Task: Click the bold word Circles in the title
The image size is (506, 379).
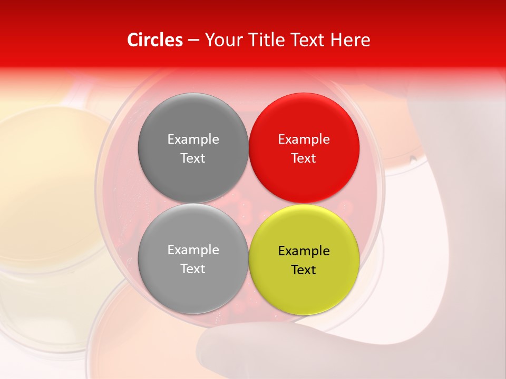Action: point(154,40)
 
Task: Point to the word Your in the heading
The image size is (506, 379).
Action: point(222,40)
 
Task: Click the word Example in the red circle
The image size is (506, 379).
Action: point(304,139)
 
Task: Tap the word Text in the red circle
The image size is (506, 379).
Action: point(304,158)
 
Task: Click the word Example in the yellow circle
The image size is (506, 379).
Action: point(304,251)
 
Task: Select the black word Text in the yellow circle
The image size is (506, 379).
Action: point(304,270)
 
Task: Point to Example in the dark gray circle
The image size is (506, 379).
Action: point(193,139)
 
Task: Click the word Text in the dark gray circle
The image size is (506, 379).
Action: point(193,158)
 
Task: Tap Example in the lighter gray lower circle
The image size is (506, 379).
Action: point(193,250)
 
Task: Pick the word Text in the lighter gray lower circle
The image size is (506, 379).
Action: point(193,268)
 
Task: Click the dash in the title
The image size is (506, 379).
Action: point(193,41)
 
